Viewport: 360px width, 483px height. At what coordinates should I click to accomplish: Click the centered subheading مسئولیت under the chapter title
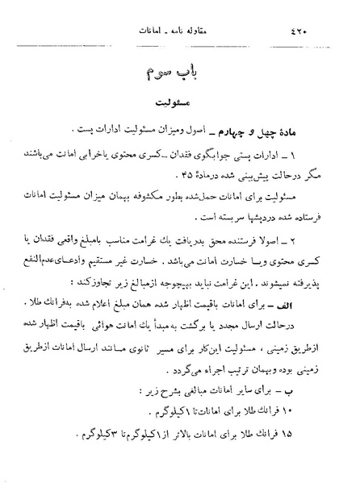(x=184, y=106)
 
